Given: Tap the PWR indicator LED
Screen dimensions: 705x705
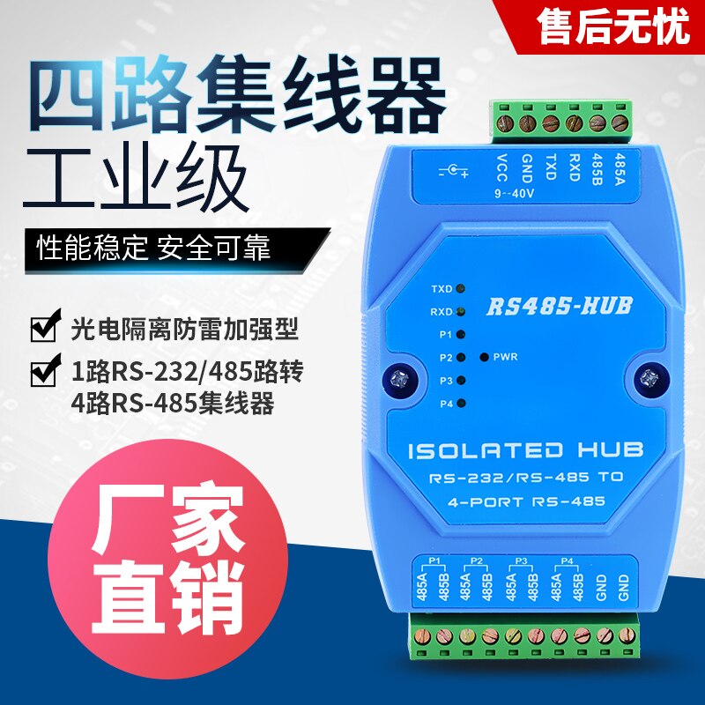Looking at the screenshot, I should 483,357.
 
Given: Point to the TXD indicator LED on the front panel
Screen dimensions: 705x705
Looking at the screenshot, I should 461,288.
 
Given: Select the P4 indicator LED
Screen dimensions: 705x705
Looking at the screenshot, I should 461,403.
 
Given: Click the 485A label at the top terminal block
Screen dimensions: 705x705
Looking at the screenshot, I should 620,166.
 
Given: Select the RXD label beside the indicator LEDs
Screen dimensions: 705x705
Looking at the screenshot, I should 442,312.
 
